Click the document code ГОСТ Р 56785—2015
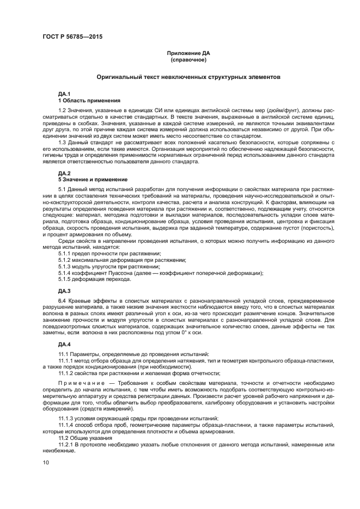tap(72, 36)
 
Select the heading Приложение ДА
tap(188, 53)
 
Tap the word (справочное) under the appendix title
tap(188, 59)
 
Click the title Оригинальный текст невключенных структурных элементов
tap(188, 78)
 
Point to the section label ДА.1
tap(64, 95)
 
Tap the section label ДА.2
tap(64, 174)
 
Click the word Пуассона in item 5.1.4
tap(117, 273)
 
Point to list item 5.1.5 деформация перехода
tap(94, 279)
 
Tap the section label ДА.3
tap(64, 291)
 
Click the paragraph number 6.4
tap(62, 301)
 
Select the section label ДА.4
tap(64, 344)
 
